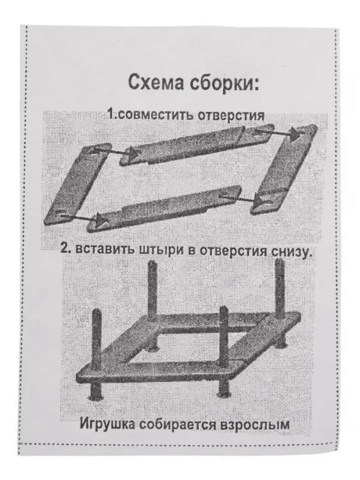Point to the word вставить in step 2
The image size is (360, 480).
[x=100, y=250]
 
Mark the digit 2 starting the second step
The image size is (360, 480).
[x=64, y=250]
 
